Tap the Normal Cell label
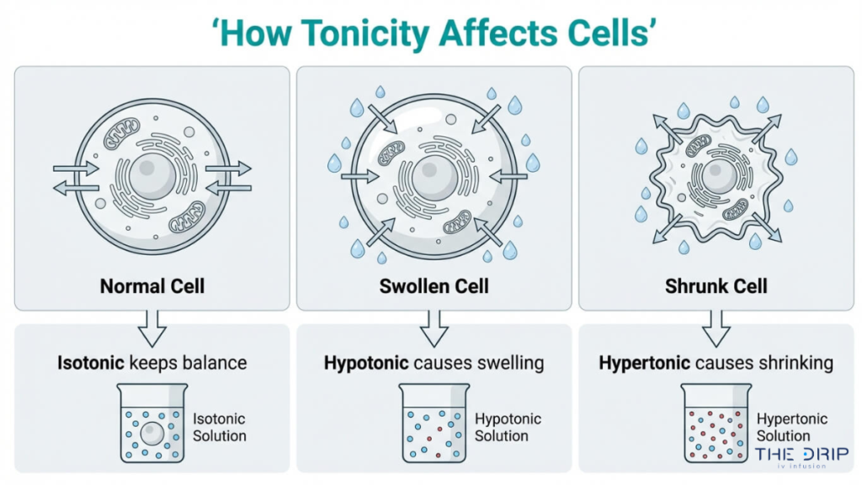(152, 285)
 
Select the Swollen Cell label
(434, 285)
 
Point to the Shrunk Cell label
(716, 285)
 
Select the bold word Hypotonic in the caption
(367, 363)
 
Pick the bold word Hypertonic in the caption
(645, 363)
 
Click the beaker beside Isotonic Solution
(152, 424)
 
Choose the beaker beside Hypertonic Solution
(715, 424)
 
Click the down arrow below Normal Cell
(152, 328)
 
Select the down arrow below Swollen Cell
(434, 328)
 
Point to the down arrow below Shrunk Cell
(716, 328)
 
